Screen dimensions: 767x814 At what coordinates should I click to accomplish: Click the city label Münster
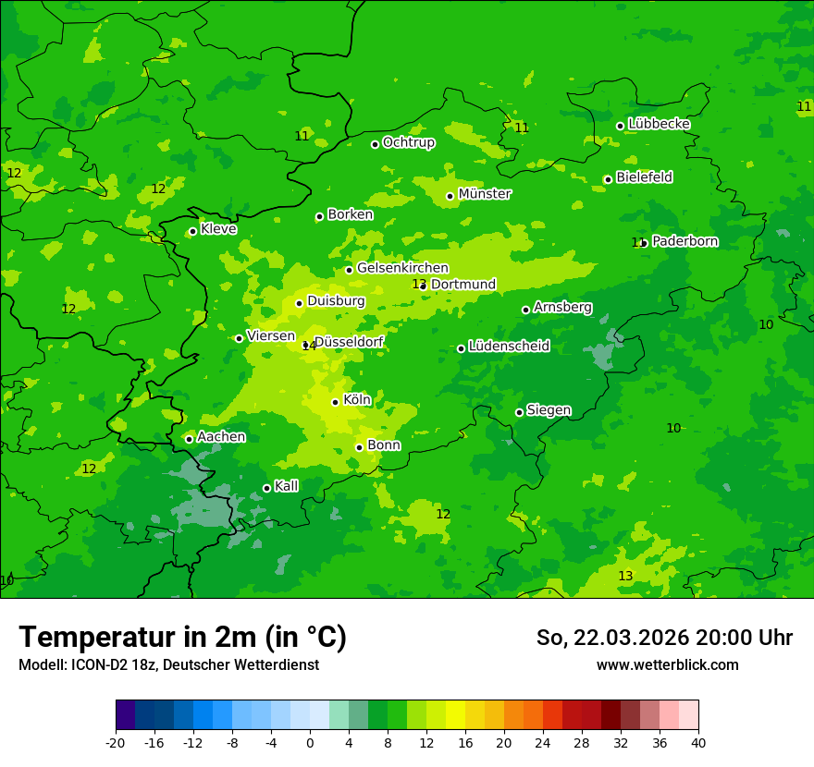point(485,194)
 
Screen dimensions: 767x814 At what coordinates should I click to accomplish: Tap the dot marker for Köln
point(335,402)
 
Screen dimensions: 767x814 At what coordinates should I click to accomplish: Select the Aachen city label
point(221,436)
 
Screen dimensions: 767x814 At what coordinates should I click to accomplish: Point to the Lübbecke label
point(659,124)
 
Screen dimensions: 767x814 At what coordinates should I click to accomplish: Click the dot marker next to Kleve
point(192,231)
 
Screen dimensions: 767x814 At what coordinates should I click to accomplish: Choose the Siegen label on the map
point(549,410)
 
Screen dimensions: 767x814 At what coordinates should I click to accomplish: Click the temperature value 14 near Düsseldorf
point(308,347)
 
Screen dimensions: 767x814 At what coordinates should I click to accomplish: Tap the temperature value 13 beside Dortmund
point(419,284)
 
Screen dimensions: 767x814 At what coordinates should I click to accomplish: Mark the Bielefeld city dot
point(608,179)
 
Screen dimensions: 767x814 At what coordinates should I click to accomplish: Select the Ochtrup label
point(409,142)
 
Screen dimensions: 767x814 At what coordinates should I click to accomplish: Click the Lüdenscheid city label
point(509,347)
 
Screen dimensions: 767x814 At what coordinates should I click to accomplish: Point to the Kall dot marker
point(266,488)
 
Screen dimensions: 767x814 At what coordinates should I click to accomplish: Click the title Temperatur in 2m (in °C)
point(182,638)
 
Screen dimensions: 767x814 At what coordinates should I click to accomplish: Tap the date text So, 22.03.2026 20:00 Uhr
point(664,638)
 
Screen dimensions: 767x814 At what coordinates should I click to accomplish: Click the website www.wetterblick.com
point(667,665)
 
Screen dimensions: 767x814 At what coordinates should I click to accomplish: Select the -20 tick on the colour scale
point(116,742)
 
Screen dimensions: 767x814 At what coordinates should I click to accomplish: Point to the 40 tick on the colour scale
point(698,742)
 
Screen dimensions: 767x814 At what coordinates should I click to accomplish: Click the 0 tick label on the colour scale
point(310,742)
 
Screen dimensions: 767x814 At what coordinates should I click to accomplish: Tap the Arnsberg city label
point(562,307)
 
